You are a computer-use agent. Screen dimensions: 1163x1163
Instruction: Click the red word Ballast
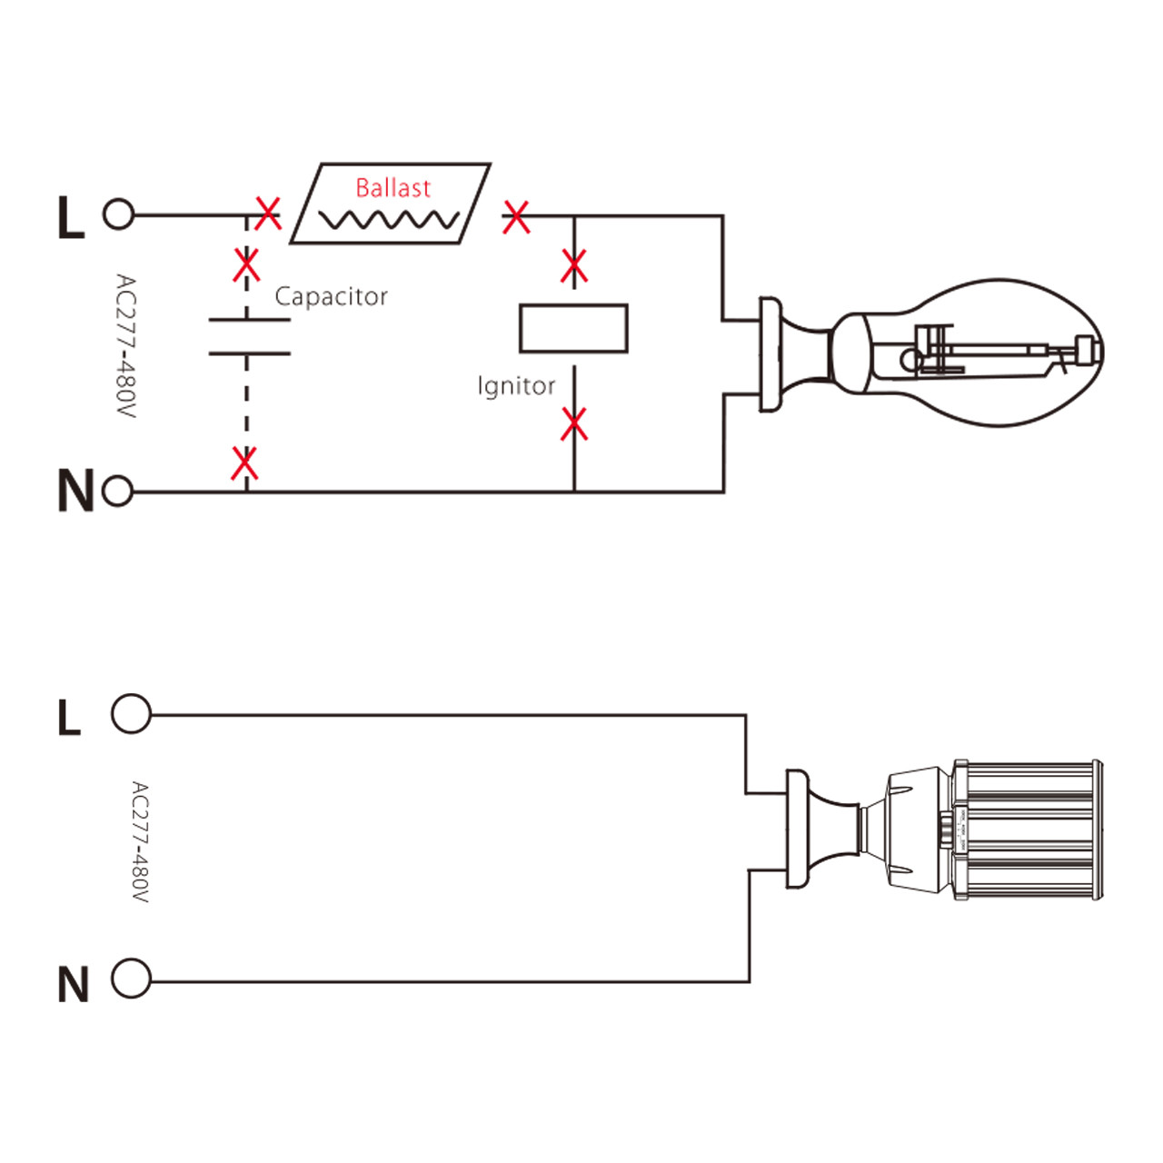(393, 188)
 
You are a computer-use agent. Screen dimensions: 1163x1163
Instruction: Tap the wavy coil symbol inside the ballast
(389, 220)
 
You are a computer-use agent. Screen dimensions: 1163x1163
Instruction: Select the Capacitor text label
(331, 297)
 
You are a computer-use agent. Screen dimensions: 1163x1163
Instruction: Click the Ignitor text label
(515, 386)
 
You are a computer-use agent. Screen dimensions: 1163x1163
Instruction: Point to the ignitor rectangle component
(573, 328)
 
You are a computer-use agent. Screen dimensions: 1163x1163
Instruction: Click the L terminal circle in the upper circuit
(118, 214)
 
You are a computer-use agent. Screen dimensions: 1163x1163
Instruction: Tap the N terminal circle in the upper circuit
(118, 492)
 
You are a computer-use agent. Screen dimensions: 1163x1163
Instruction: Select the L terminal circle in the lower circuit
(131, 714)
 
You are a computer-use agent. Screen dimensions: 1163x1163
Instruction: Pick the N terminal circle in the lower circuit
(131, 979)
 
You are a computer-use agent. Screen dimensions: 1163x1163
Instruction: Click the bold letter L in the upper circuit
(70, 218)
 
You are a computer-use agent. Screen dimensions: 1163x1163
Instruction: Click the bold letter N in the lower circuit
(73, 985)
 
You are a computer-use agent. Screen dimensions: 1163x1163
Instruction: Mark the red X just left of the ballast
(268, 214)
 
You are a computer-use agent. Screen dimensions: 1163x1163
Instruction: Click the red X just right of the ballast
(516, 217)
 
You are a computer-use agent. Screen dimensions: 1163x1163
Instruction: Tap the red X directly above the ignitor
(574, 267)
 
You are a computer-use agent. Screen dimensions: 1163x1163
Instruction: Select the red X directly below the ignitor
(574, 424)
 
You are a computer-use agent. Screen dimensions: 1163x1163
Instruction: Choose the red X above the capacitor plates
(246, 265)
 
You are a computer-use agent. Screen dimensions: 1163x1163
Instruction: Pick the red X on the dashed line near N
(244, 463)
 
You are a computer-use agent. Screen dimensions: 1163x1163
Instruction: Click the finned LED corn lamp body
(1027, 830)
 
